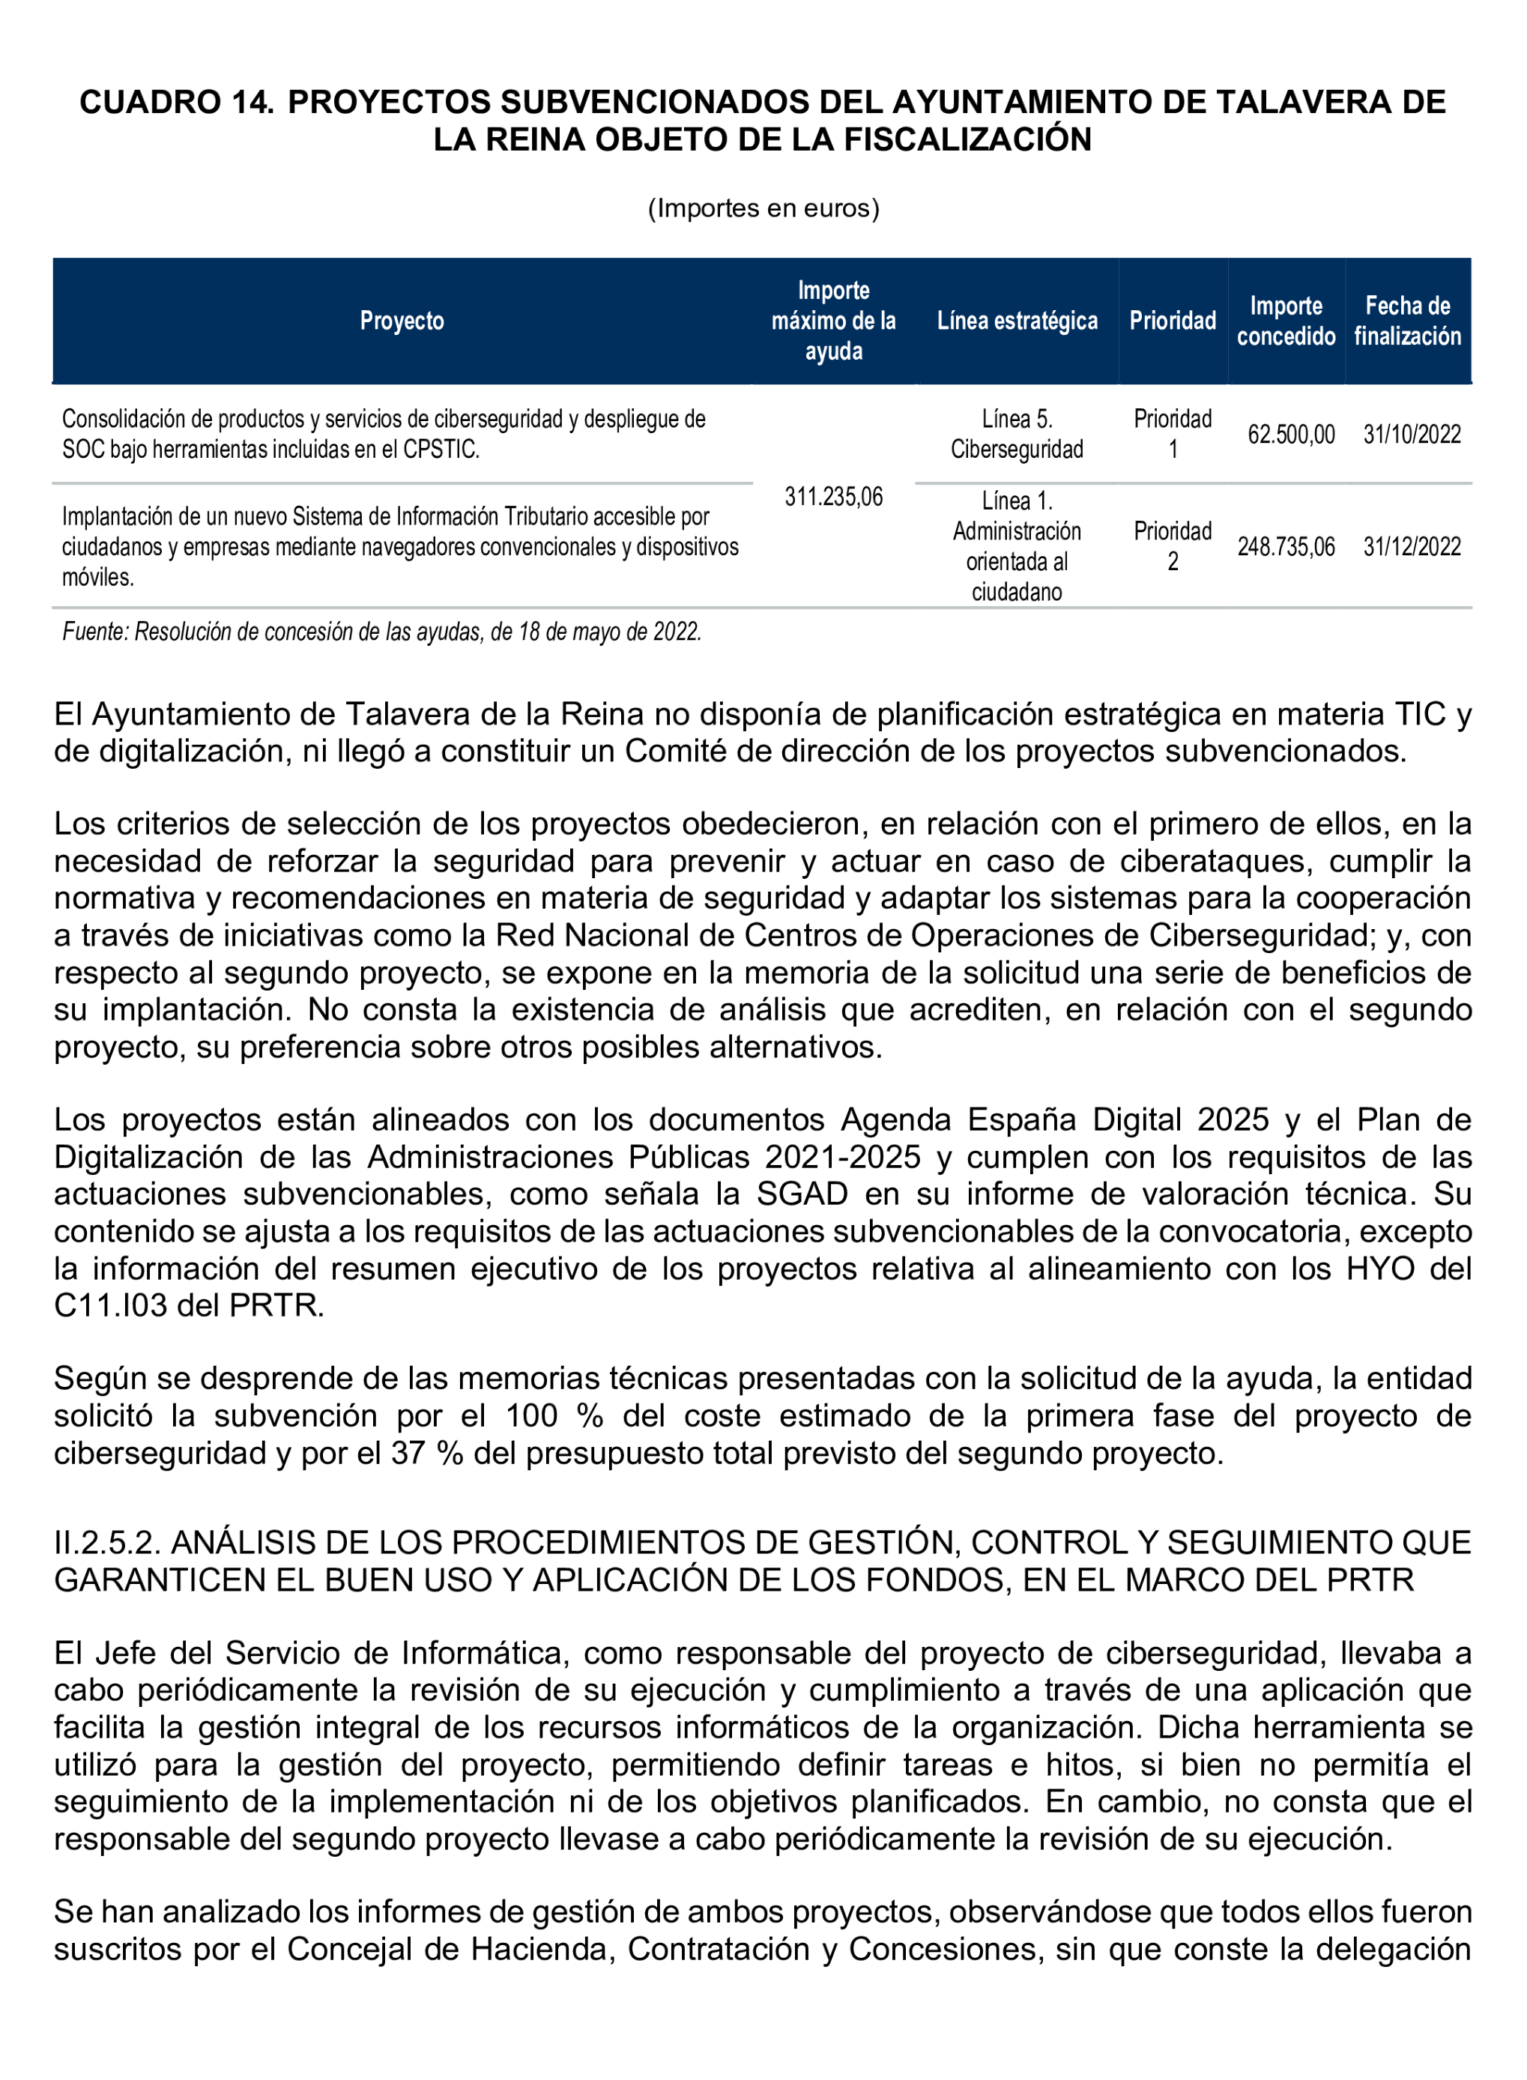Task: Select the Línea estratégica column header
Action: tap(1016, 321)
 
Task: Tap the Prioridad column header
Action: tap(1171, 321)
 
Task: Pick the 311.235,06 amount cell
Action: tap(833, 498)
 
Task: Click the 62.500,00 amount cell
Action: tap(1290, 435)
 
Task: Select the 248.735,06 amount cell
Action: tap(1285, 546)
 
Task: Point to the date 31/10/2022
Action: tap(1411, 435)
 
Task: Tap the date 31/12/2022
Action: tap(1411, 546)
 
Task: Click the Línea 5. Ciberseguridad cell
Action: tap(1016, 435)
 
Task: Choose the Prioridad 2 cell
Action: tap(1171, 546)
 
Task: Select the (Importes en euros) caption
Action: tap(763, 208)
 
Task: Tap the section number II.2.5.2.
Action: tap(107, 1543)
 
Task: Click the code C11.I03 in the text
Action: tap(110, 1306)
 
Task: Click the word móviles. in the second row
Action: tap(98, 578)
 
